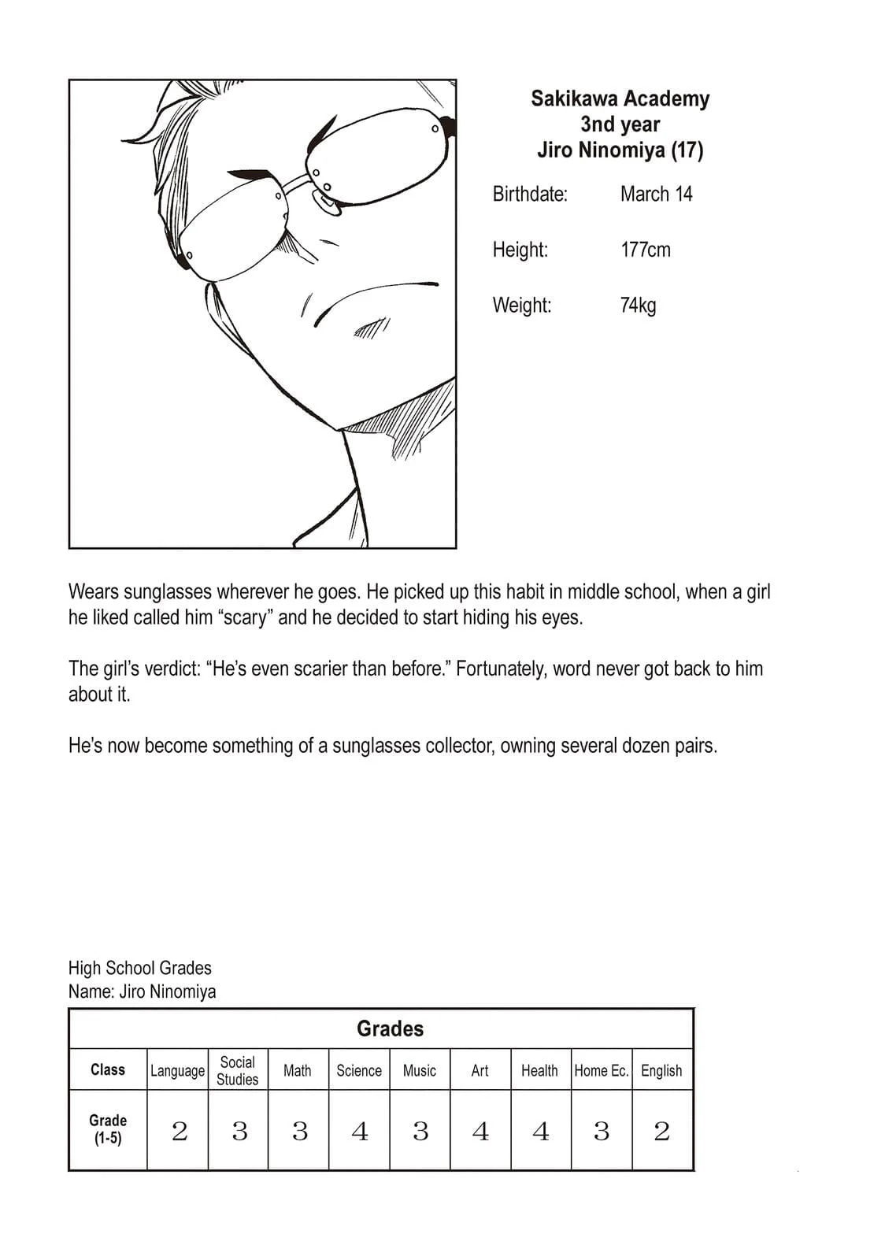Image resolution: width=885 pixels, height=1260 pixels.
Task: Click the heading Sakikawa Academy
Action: pyautogui.click(x=620, y=98)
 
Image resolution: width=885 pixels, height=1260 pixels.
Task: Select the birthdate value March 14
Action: pyautogui.click(x=656, y=194)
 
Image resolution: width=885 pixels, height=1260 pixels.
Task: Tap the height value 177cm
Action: pyautogui.click(x=645, y=250)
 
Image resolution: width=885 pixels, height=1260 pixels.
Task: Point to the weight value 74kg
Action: pyautogui.click(x=638, y=305)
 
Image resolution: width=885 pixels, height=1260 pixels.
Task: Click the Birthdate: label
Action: pyautogui.click(x=530, y=194)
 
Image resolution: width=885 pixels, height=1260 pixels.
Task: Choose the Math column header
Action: pyautogui.click(x=297, y=1070)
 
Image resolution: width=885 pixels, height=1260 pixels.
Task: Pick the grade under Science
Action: pyautogui.click(x=359, y=1132)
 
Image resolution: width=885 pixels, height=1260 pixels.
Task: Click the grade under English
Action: pyautogui.click(x=661, y=1132)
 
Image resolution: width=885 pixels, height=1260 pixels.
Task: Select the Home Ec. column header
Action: pyautogui.click(x=602, y=1070)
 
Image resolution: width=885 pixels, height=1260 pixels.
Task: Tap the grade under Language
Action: pyautogui.click(x=179, y=1132)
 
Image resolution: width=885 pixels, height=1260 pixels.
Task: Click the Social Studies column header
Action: pyautogui.click(x=237, y=1070)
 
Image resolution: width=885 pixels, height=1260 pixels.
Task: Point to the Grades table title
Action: pyautogui.click(x=390, y=1028)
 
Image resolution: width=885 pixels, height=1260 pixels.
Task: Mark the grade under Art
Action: pyautogui.click(x=480, y=1132)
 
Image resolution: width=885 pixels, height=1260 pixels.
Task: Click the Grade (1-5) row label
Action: pyautogui.click(x=108, y=1129)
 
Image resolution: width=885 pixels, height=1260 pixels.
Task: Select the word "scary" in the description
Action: pyautogui.click(x=245, y=617)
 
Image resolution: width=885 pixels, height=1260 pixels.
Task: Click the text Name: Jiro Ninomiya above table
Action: pyautogui.click(x=142, y=991)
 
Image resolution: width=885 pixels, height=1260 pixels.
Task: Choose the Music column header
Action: pyautogui.click(x=419, y=1070)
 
